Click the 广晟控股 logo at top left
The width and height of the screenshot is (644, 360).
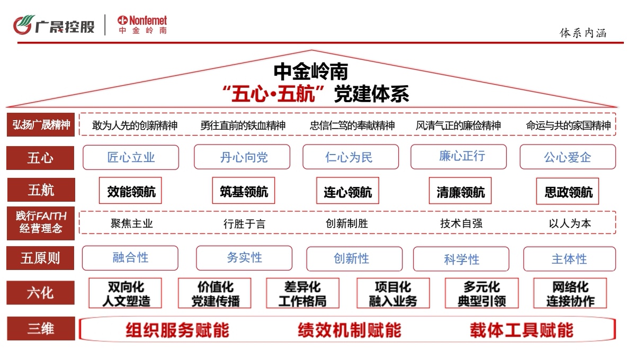54,25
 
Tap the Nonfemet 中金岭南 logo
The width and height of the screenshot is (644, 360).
142,25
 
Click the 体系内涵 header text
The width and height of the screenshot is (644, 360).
583,33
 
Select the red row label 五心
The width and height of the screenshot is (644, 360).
40,157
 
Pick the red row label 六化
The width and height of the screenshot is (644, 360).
40,292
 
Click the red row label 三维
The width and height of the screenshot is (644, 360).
40,329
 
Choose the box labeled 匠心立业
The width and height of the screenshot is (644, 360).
131,157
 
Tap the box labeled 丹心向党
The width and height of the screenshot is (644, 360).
242,157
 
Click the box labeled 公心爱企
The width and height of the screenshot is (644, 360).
567,157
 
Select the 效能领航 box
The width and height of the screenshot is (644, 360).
131,191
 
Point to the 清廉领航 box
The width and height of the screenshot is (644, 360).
460,191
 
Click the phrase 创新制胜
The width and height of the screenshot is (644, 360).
346,223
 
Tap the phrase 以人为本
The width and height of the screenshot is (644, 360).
569,223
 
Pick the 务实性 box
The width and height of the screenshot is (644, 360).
244,258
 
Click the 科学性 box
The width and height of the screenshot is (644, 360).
461,259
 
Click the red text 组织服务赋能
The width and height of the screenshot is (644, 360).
177,330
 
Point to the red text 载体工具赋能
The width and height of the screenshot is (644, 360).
521,330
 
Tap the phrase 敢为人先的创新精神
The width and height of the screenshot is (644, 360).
135,125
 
